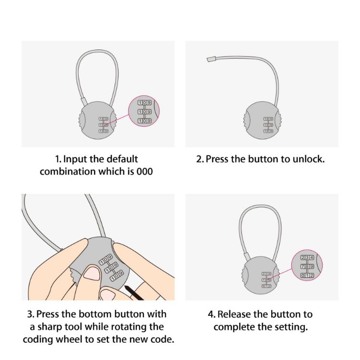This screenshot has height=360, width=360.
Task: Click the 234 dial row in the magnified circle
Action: click(x=307, y=258)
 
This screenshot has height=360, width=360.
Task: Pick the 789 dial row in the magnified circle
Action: click(x=307, y=266)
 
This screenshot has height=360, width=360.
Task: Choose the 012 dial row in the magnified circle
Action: click(x=307, y=275)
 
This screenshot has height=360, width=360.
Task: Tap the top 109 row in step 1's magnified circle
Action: click(x=144, y=103)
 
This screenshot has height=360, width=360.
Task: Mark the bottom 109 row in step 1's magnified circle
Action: click(x=144, y=120)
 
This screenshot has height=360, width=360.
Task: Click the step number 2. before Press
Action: click(x=200, y=159)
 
